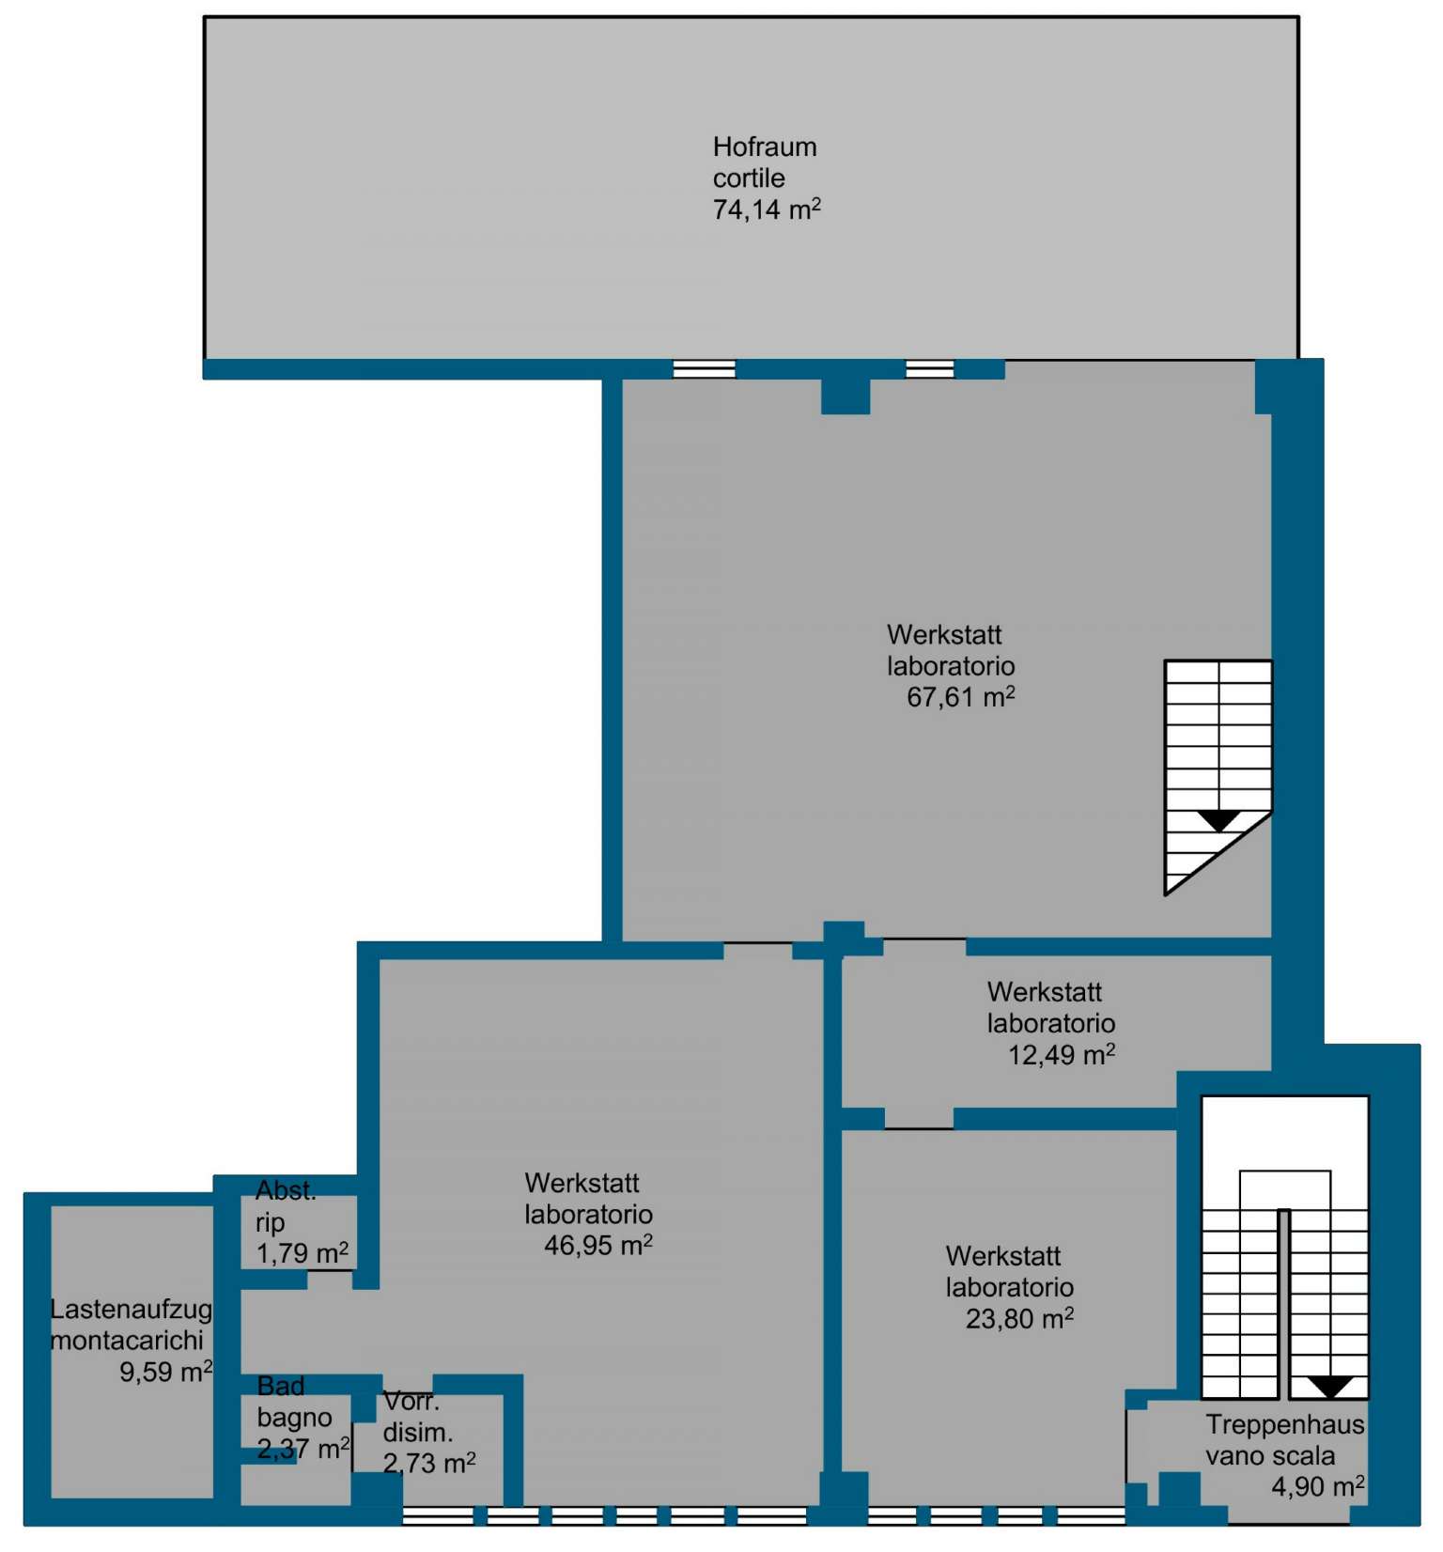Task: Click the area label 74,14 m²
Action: click(x=767, y=209)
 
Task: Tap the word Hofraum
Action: click(x=765, y=147)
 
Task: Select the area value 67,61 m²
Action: click(x=961, y=696)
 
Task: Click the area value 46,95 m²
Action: click(x=598, y=1245)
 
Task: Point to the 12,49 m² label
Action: click(x=1062, y=1054)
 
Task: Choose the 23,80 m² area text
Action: click(x=1020, y=1318)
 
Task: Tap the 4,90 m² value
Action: click(x=1318, y=1486)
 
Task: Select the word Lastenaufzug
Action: click(x=132, y=1310)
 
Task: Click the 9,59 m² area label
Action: click(x=166, y=1372)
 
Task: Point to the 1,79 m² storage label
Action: click(x=303, y=1253)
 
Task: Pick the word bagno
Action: click(x=294, y=1418)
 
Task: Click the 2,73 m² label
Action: click(x=429, y=1463)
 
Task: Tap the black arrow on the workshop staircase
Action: click(x=1219, y=821)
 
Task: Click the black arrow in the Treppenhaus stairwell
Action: click(x=1331, y=1387)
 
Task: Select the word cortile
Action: click(x=749, y=178)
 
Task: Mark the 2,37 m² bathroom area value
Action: click(x=303, y=1449)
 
